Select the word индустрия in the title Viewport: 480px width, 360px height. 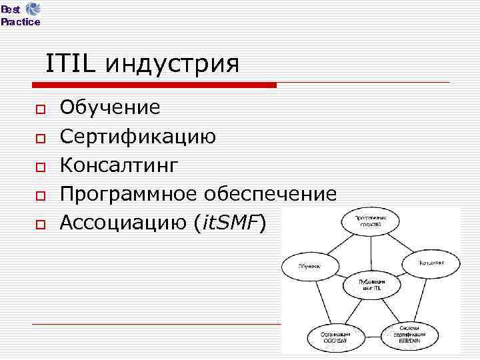click(x=172, y=65)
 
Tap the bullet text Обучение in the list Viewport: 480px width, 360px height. click(x=110, y=107)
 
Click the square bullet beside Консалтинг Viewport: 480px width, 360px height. click(x=40, y=167)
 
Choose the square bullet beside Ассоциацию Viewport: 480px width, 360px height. click(x=40, y=224)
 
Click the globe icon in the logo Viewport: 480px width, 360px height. click(x=33, y=9)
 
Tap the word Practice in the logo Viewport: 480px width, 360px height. click(x=20, y=22)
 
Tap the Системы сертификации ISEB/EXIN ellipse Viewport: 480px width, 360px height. click(x=409, y=335)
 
